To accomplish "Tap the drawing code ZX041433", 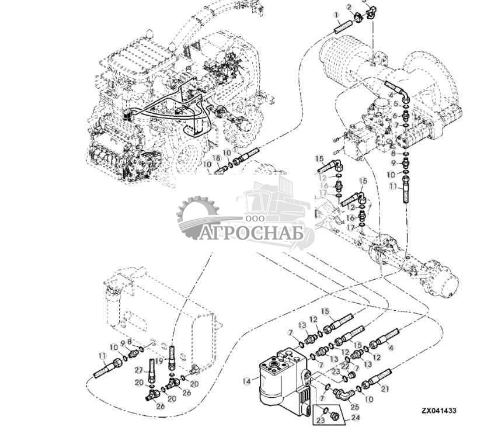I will click(x=439, y=411).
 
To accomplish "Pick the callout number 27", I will click(x=139, y=370).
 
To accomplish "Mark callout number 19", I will click(x=159, y=362).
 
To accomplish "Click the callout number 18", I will click(x=216, y=158).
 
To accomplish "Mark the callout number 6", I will click(x=395, y=114).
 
